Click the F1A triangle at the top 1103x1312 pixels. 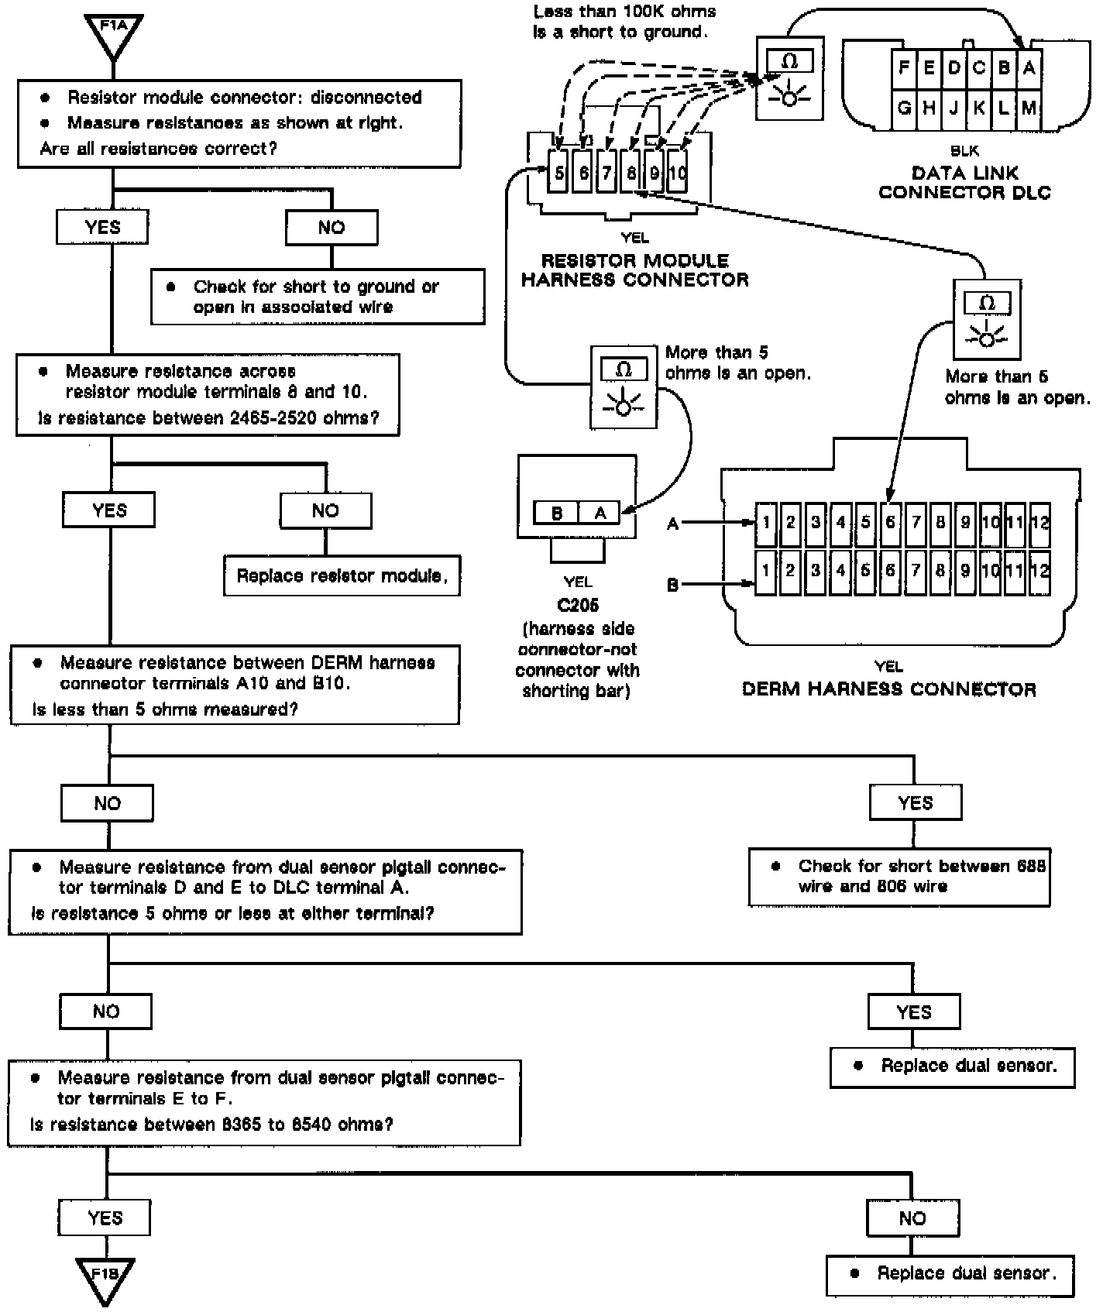point(113,35)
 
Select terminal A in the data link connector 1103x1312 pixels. point(1029,68)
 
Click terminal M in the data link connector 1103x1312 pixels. point(1029,108)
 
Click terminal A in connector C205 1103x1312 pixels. point(600,513)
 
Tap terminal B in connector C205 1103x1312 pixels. point(557,513)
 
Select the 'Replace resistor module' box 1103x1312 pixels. point(342,575)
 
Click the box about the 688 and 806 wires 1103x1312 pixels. point(899,876)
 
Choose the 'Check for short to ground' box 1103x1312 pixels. point(317,297)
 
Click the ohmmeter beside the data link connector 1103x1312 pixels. point(789,80)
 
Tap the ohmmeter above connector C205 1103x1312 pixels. point(624,386)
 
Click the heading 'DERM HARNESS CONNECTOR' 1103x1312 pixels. point(888,689)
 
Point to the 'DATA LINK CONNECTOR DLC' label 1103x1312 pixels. point(964,183)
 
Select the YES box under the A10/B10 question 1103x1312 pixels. point(916,803)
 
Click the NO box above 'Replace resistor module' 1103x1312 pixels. point(325,510)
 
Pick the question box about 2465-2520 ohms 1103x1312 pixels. point(208,395)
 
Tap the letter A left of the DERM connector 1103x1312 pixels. point(672,524)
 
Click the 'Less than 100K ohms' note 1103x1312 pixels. point(624,22)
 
